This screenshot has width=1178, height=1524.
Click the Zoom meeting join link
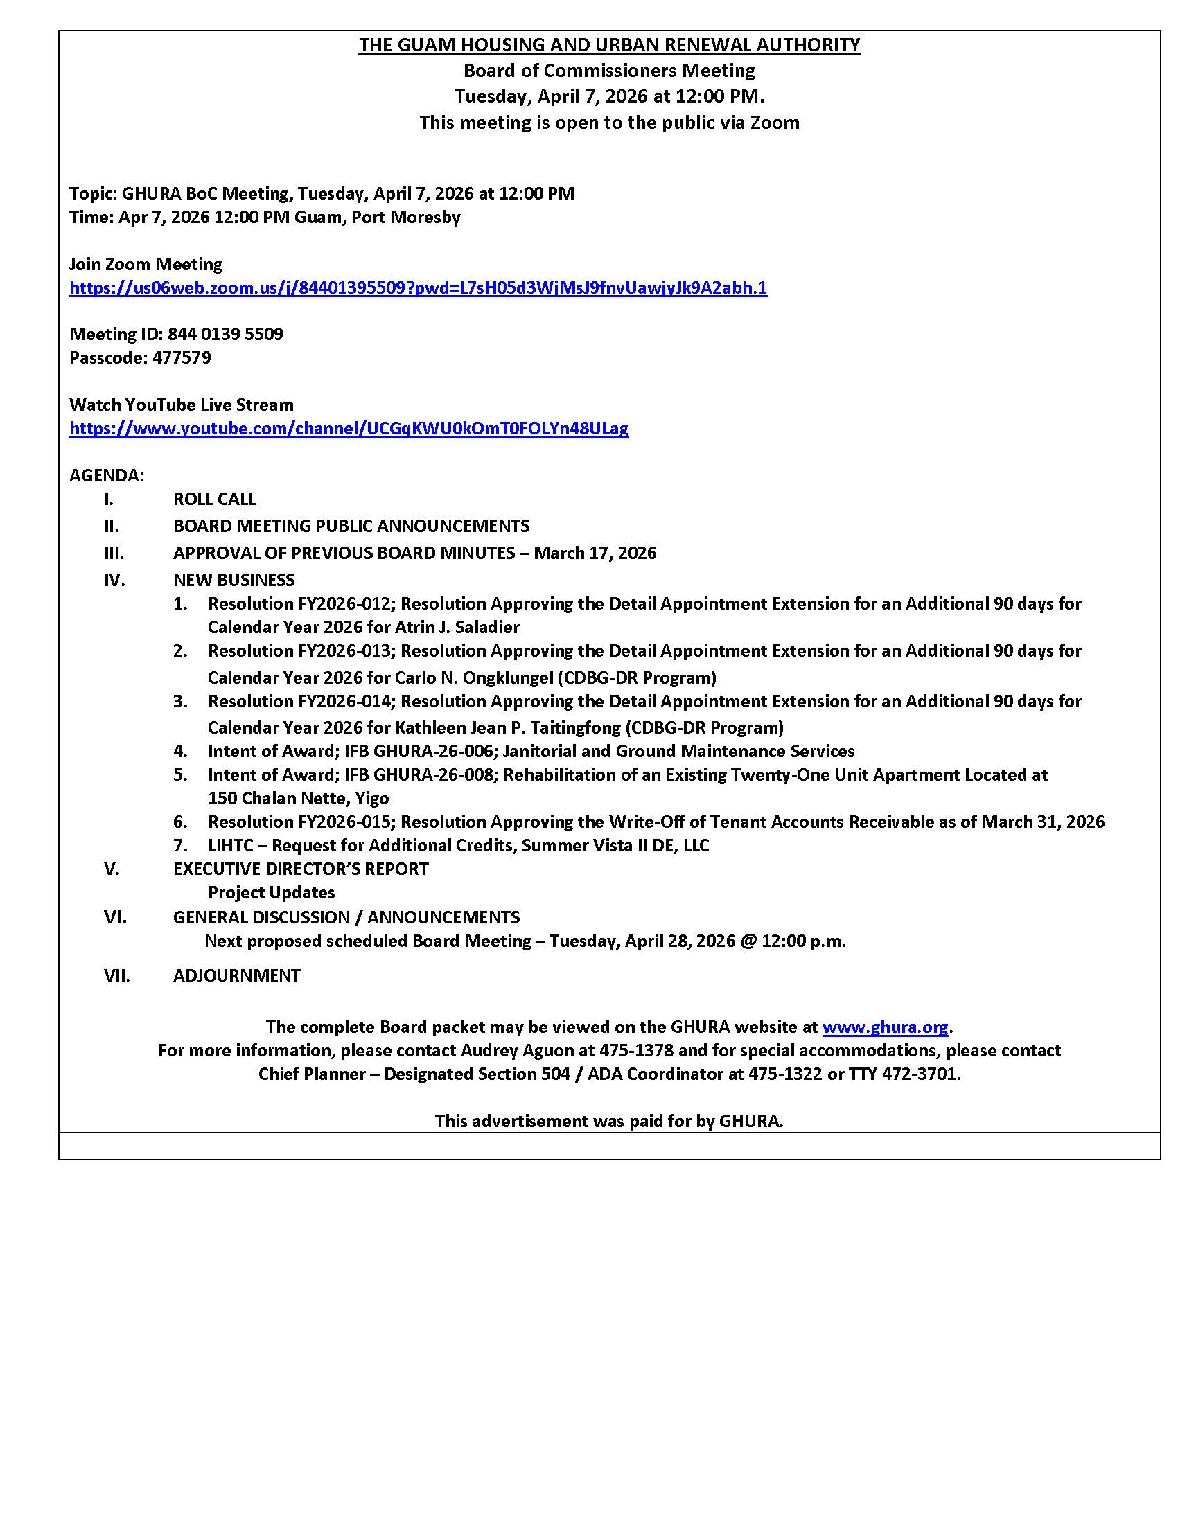point(417,287)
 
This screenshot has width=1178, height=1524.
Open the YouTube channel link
point(349,428)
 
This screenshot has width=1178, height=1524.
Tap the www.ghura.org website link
point(885,1027)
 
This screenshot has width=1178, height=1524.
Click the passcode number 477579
point(182,358)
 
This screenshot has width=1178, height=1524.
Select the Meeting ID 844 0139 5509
point(225,335)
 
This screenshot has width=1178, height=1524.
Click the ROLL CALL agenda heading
point(214,499)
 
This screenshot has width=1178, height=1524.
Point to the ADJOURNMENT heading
point(236,975)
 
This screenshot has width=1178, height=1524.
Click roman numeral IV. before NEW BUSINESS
point(114,580)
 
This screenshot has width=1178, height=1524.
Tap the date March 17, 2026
point(595,553)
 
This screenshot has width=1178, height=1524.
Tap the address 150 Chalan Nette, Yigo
point(298,798)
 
